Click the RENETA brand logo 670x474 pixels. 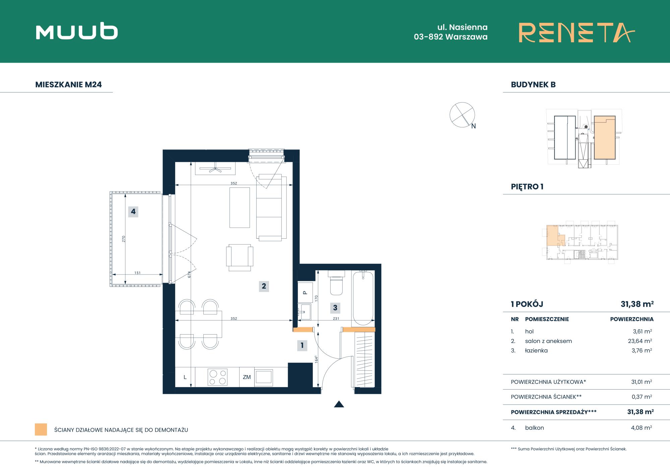tap(577, 33)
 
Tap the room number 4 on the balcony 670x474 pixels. tap(133, 212)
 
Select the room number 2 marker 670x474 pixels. tap(264, 286)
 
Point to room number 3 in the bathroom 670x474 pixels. tap(335, 308)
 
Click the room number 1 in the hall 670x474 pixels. tap(302, 345)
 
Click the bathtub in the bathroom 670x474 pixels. tap(363, 298)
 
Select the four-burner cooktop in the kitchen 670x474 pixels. tap(218, 377)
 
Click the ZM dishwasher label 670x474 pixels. tap(247, 377)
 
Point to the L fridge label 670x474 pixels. tap(185, 377)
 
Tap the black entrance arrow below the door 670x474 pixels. tap(339, 404)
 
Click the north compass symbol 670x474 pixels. tap(463, 115)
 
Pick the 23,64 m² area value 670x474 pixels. tap(640, 341)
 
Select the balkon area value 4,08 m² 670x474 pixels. tap(641, 428)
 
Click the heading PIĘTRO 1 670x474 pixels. tap(527, 187)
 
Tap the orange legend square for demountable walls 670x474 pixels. tap(41, 429)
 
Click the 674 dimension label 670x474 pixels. tap(189, 275)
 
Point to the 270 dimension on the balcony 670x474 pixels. tap(124, 239)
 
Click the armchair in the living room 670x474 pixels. tap(240, 257)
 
